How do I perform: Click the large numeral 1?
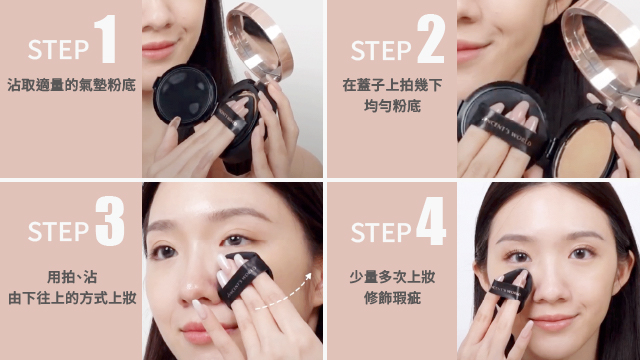[x=105, y=39]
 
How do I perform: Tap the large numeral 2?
[x=431, y=39]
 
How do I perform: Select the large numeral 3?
[x=110, y=221]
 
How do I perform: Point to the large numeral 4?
[x=431, y=221]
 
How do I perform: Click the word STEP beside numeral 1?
[x=58, y=50]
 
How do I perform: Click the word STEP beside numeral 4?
[x=381, y=232]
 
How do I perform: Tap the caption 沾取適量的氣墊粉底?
[x=71, y=85]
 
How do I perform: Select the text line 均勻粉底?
[x=392, y=106]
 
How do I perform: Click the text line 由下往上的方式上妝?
[x=72, y=298]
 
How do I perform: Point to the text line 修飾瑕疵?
[x=392, y=298]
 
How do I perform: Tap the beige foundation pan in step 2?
[x=586, y=149]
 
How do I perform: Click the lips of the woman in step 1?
[x=158, y=50]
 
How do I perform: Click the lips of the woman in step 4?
[x=553, y=322]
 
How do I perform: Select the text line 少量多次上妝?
[x=392, y=277]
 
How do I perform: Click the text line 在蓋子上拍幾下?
[x=392, y=85]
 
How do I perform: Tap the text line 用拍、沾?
[x=72, y=277]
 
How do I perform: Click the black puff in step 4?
[x=511, y=291]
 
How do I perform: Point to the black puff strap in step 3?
[x=242, y=278]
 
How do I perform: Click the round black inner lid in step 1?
[x=186, y=95]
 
